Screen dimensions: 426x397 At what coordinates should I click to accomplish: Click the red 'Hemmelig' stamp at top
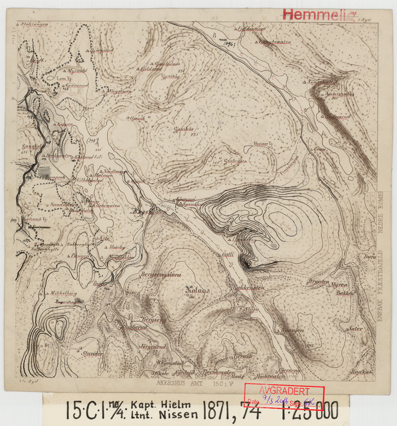[x=319, y=15]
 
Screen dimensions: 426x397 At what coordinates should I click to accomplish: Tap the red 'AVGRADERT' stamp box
[x=284, y=396]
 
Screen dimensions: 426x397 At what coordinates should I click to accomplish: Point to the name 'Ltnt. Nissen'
[x=164, y=415]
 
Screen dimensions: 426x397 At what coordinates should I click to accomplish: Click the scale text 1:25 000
[x=309, y=411]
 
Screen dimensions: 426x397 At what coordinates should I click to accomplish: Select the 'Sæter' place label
[x=356, y=329]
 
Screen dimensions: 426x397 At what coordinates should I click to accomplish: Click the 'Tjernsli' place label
[x=242, y=357]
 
